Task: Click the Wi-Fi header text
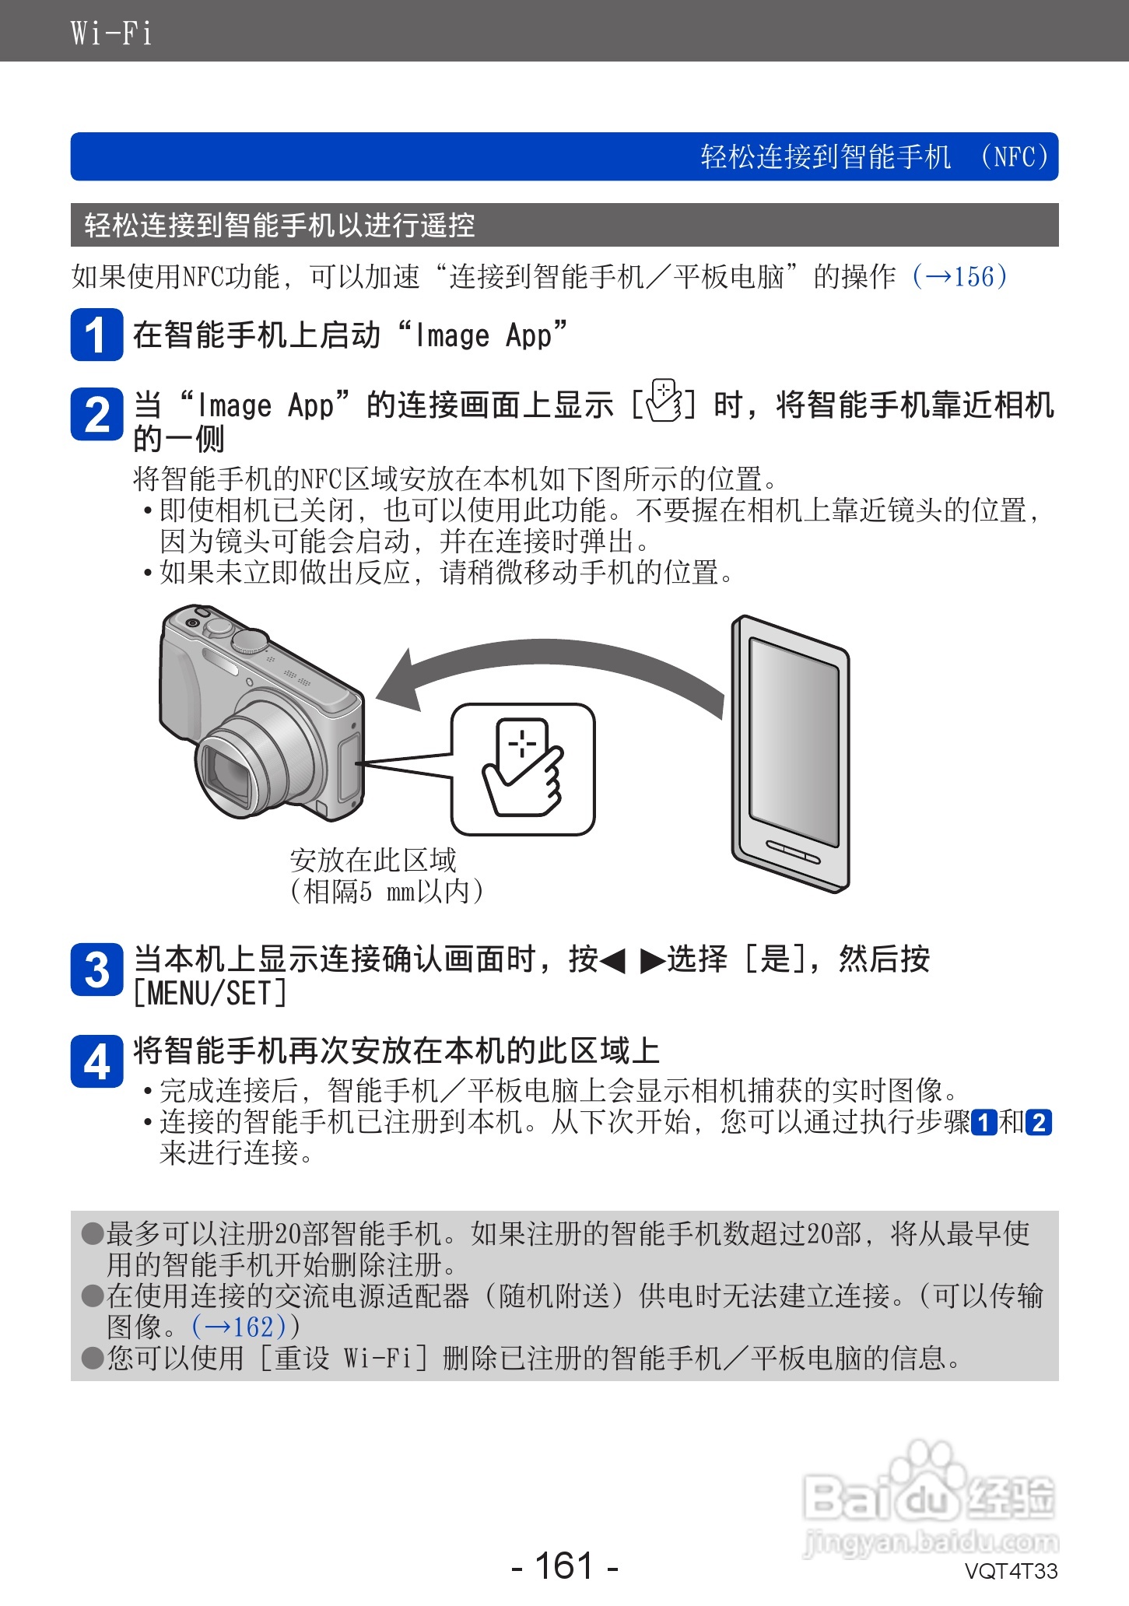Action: click(x=111, y=33)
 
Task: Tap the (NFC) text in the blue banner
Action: click(x=1014, y=157)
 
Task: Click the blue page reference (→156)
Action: click(x=959, y=276)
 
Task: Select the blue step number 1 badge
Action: click(x=96, y=335)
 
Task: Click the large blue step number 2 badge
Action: click(x=96, y=414)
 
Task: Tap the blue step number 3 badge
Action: click(x=96, y=970)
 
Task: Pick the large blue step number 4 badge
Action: click(x=96, y=1061)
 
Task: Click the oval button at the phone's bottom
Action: click(x=792, y=852)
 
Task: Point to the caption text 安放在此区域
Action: click(x=373, y=861)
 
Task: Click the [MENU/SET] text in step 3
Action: click(x=210, y=994)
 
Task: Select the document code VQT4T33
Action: click(x=1011, y=1571)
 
